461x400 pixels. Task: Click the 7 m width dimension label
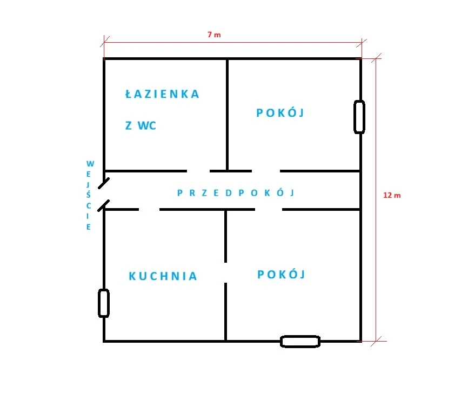pyautogui.click(x=214, y=35)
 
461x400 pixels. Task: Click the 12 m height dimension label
pyautogui.click(x=392, y=195)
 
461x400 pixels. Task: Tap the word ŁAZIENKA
pyautogui.click(x=162, y=94)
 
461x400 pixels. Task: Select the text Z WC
pyautogui.click(x=141, y=125)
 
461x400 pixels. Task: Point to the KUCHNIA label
pyautogui.click(x=163, y=276)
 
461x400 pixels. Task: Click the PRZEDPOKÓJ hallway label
pyautogui.click(x=236, y=192)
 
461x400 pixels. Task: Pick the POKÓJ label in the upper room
pyautogui.click(x=280, y=112)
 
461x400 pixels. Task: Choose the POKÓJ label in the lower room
pyautogui.click(x=282, y=275)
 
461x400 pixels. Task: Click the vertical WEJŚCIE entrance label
pyautogui.click(x=89, y=195)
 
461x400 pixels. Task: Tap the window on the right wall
pyautogui.click(x=359, y=117)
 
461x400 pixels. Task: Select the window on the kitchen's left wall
pyautogui.click(x=104, y=303)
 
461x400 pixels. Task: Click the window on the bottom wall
pyautogui.click(x=300, y=342)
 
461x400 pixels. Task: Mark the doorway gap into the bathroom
pyautogui.click(x=198, y=171)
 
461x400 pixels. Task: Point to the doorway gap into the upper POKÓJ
pyautogui.click(x=266, y=171)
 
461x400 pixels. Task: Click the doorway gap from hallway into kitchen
pyautogui.click(x=149, y=209)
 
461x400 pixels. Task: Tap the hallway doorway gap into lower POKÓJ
pyautogui.click(x=269, y=209)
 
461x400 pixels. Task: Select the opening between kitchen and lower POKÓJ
pyautogui.click(x=225, y=272)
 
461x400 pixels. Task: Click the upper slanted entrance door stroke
pyautogui.click(x=104, y=183)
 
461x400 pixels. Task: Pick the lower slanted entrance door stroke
pyautogui.click(x=103, y=205)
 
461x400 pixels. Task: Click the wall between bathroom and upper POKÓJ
pyautogui.click(x=228, y=115)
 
